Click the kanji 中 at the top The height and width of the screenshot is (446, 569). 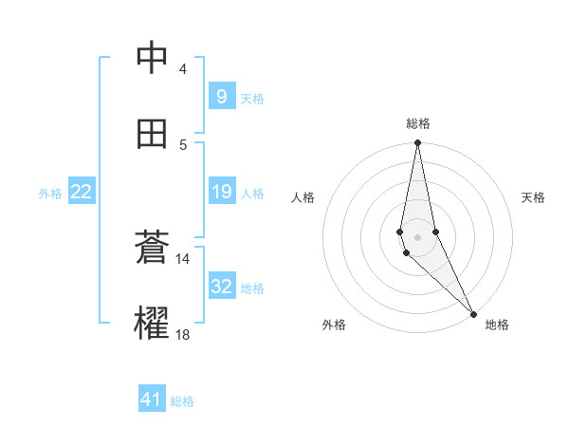(x=152, y=59)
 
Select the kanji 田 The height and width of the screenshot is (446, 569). (x=152, y=134)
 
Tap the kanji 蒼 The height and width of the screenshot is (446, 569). (x=152, y=249)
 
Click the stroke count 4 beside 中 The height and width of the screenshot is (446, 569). (x=182, y=69)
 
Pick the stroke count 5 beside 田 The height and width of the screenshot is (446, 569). (x=182, y=144)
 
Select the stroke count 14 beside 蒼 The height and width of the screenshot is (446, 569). (x=182, y=259)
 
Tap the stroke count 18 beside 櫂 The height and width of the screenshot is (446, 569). (x=182, y=335)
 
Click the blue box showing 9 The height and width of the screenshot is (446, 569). (x=221, y=96)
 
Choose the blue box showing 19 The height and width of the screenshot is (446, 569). (x=221, y=192)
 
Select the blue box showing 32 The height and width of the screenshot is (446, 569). (x=221, y=287)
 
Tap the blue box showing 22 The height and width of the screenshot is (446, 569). (x=82, y=192)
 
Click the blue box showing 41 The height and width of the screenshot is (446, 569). (x=152, y=400)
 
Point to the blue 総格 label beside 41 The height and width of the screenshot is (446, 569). (x=182, y=401)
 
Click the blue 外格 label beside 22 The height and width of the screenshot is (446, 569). (x=50, y=194)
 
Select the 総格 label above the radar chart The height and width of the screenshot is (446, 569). (x=417, y=123)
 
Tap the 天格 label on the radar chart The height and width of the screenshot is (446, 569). (x=533, y=197)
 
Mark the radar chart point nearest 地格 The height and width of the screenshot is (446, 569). (x=473, y=312)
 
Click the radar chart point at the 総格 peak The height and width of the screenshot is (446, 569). (x=417, y=143)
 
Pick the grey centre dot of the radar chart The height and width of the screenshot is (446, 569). (x=417, y=236)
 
